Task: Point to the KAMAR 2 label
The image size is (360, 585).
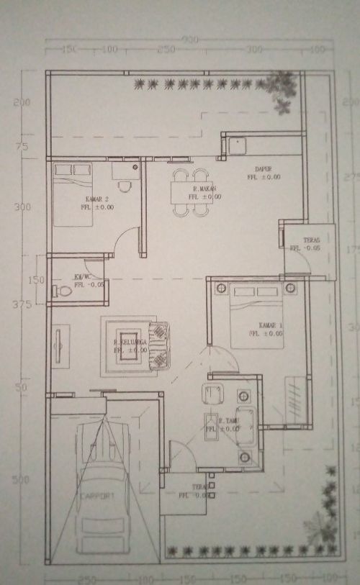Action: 96,199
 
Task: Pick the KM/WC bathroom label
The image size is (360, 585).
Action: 81,276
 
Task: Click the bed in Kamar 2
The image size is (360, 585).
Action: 73,194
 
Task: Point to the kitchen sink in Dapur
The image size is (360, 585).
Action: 236,146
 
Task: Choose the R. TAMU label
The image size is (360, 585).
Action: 212,420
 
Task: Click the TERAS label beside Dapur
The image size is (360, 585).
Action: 311,240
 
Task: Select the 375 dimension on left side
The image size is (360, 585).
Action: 21,305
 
